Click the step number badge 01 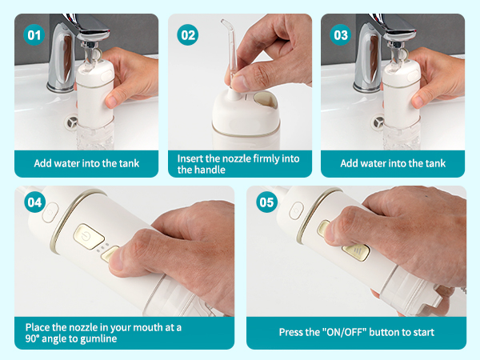tap(34, 34)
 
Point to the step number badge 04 tap(34, 202)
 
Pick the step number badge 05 tap(266, 202)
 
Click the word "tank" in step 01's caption tap(127, 163)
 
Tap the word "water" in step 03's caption tap(375, 163)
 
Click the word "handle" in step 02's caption tap(203, 170)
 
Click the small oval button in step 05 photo tap(297, 210)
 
